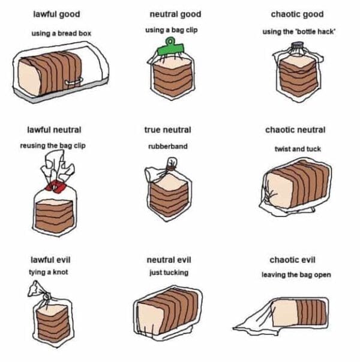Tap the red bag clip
click(55, 186)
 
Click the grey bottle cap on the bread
click(298, 45)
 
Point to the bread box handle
click(74, 82)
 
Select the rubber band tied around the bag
click(171, 167)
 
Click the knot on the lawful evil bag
click(47, 296)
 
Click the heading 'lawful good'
click(57, 14)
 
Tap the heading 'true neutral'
click(168, 130)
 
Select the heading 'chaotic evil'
click(292, 260)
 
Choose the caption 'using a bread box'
click(61, 34)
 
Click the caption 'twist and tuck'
click(298, 149)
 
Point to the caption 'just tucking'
click(169, 273)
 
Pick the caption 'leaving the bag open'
click(296, 275)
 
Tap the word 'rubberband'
click(168, 146)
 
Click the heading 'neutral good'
click(175, 14)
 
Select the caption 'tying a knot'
click(49, 272)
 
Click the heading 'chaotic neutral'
click(295, 130)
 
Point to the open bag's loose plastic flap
click(254, 322)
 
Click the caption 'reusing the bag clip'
click(53, 146)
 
